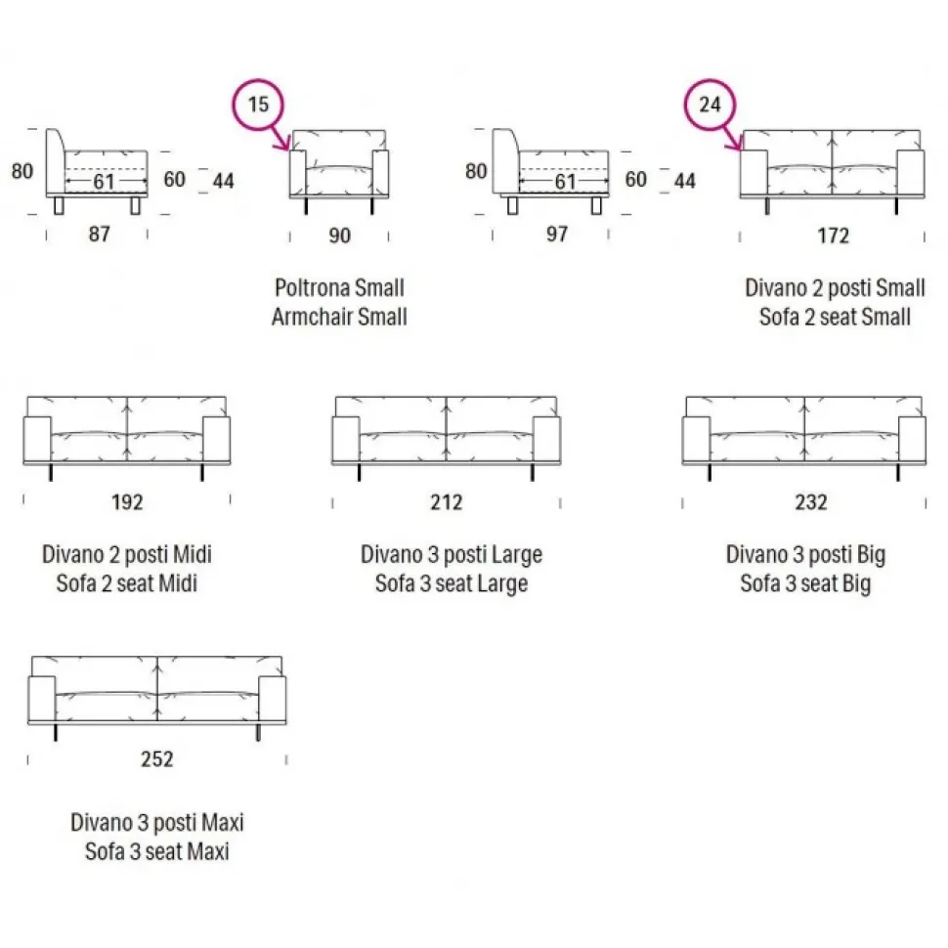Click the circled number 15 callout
pos(257,106)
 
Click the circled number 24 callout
pos(710,106)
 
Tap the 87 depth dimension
pos(99,236)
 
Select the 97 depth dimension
pos(556,236)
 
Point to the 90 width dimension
pos(339,236)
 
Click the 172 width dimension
pos(833,236)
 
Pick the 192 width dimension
pos(127,502)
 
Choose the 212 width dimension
pos(446,502)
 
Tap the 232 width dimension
pos(810,502)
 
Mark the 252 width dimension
pos(156,759)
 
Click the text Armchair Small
pos(339,317)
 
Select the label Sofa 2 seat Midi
pos(127,584)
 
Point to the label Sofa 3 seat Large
pos(451,584)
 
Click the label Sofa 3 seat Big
pos(805,584)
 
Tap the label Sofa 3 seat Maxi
pos(156,850)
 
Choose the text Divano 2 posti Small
pos(835,288)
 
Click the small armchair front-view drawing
pos(340,166)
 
